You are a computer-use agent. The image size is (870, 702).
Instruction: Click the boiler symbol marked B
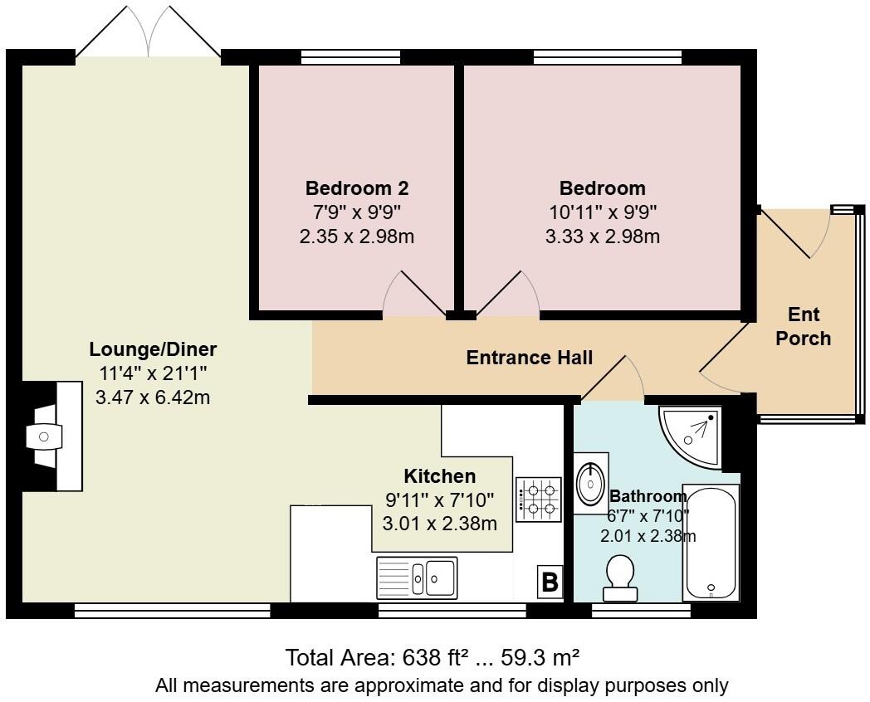click(550, 582)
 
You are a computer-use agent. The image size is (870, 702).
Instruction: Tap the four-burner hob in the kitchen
click(538, 500)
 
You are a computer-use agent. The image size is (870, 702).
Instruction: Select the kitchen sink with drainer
click(417, 578)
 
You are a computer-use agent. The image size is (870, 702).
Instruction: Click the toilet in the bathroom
click(620, 578)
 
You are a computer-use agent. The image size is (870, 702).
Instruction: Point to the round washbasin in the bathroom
click(590, 484)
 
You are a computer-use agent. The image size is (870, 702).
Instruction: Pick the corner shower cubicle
click(690, 436)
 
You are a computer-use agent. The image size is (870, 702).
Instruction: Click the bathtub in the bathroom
click(711, 543)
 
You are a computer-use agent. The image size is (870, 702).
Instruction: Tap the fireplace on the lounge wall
click(52, 436)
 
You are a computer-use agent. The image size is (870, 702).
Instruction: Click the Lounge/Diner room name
click(153, 349)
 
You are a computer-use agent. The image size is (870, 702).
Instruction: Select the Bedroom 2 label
click(357, 188)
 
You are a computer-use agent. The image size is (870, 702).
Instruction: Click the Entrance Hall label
click(530, 358)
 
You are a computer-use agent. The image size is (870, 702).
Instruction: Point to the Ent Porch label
click(803, 326)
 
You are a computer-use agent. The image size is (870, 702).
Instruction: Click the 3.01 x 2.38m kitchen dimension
click(439, 524)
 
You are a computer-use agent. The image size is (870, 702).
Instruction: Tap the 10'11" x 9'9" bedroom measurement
click(603, 212)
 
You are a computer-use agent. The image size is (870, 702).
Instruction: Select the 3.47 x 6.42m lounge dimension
click(153, 397)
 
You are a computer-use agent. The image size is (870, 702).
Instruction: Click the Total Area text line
click(433, 658)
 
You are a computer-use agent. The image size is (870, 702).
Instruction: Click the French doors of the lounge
click(148, 32)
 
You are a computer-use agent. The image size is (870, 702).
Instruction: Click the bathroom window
click(641, 611)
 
